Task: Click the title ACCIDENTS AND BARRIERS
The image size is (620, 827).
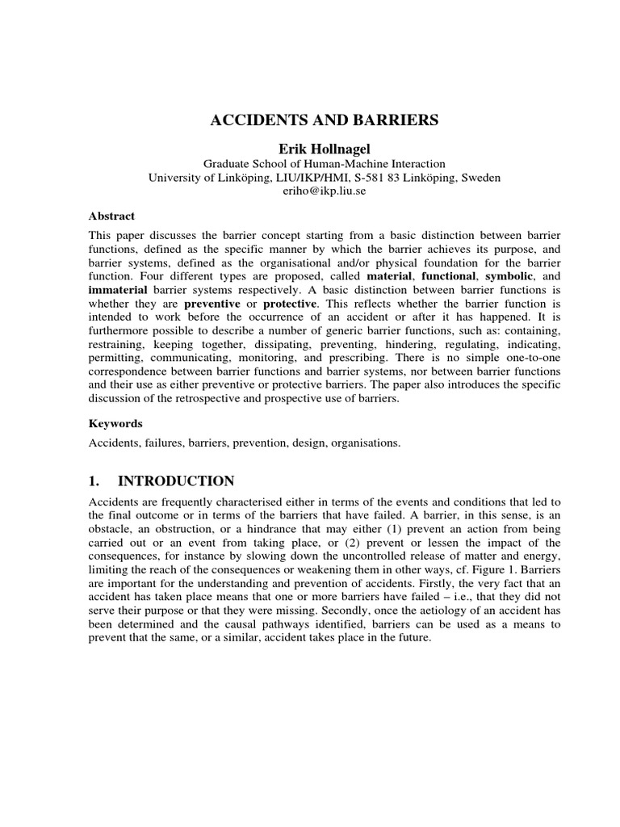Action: point(325,120)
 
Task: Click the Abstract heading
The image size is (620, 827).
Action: point(111,216)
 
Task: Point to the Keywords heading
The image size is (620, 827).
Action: point(115,423)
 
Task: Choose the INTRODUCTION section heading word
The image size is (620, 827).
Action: point(176,481)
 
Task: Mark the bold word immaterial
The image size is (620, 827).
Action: point(118,291)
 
